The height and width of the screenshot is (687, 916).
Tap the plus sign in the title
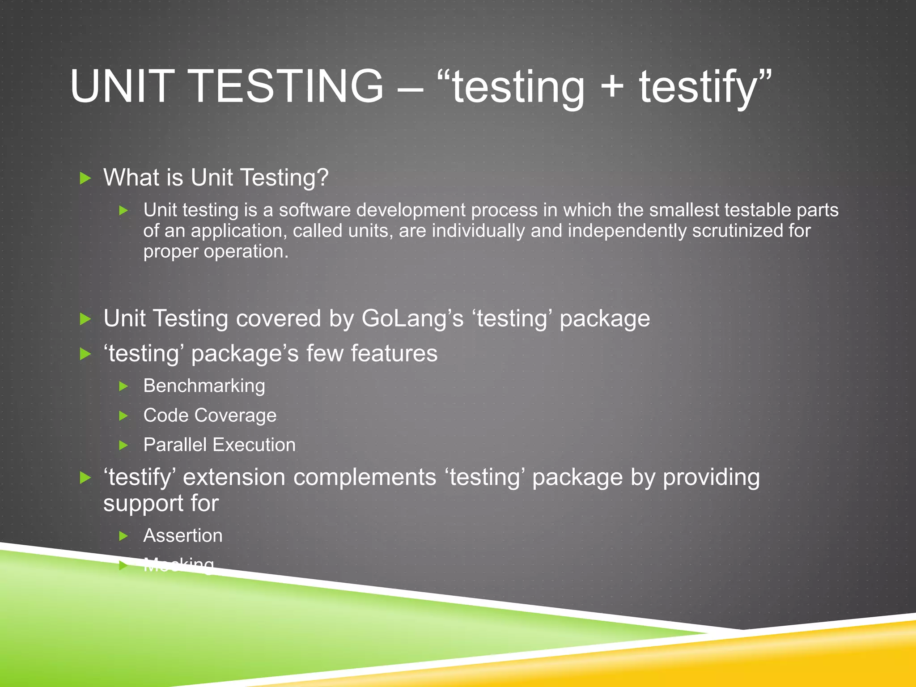click(612, 86)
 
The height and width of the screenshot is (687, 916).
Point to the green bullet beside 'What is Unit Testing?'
click(85, 178)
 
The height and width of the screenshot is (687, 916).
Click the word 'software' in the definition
click(314, 210)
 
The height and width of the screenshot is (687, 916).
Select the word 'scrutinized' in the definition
click(735, 231)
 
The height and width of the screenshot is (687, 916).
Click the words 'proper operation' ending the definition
click(216, 251)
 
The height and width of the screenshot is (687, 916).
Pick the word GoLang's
click(412, 318)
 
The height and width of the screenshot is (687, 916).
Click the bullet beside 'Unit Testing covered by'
click(85, 319)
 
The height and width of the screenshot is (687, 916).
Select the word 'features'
click(394, 353)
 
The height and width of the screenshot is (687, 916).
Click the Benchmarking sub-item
click(204, 386)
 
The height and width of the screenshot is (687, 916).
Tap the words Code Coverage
click(209, 415)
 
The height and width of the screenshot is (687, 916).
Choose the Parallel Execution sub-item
click(219, 445)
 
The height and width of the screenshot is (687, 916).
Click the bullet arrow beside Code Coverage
click(124, 416)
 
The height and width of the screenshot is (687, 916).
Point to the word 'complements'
click(365, 477)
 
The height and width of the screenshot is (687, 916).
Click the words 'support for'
click(161, 503)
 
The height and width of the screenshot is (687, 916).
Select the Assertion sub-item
click(182, 535)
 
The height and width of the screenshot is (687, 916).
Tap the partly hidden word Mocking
click(179, 565)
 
